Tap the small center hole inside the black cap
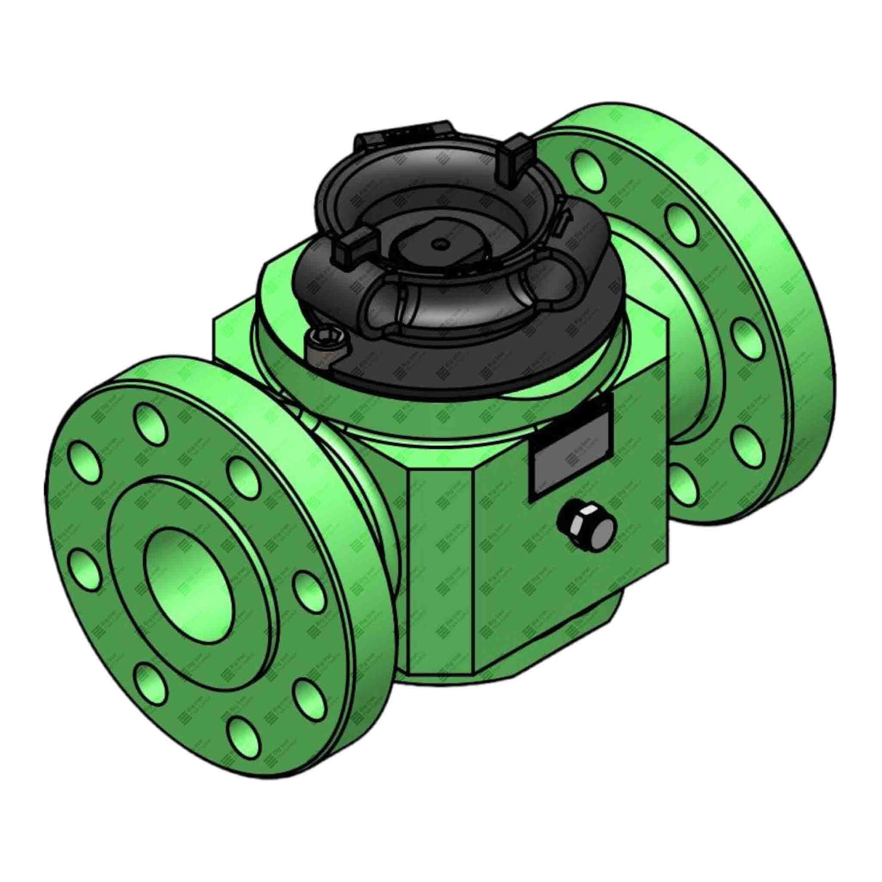tap(439, 244)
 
